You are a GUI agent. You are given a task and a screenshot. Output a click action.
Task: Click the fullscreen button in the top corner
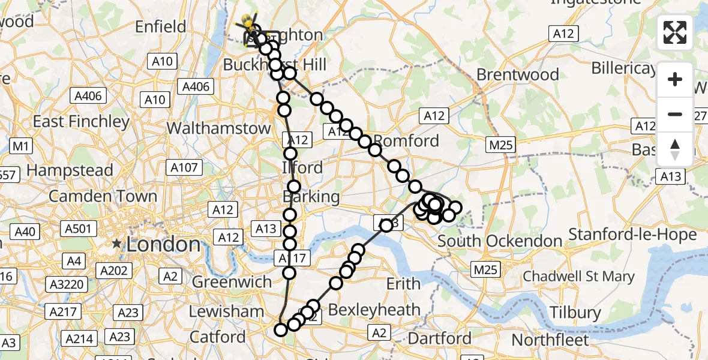(x=675, y=32)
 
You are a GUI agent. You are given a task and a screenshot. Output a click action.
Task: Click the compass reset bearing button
(x=675, y=149)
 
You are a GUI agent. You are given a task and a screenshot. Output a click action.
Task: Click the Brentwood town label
(x=518, y=75)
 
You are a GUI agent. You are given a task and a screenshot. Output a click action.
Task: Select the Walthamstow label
(x=218, y=128)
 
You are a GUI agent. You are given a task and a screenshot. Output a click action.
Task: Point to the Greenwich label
(x=232, y=281)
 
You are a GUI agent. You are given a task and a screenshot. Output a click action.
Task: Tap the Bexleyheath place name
(x=374, y=310)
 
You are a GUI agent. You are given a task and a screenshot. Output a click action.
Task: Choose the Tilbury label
(x=575, y=313)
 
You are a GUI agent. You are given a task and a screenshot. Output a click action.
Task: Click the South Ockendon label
(x=500, y=241)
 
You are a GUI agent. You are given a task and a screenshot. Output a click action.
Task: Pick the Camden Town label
(x=103, y=196)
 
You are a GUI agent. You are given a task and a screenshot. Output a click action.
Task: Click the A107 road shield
(x=184, y=168)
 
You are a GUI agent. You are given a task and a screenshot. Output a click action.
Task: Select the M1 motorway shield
(x=21, y=146)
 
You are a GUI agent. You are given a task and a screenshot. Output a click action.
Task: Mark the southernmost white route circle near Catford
(x=280, y=329)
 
